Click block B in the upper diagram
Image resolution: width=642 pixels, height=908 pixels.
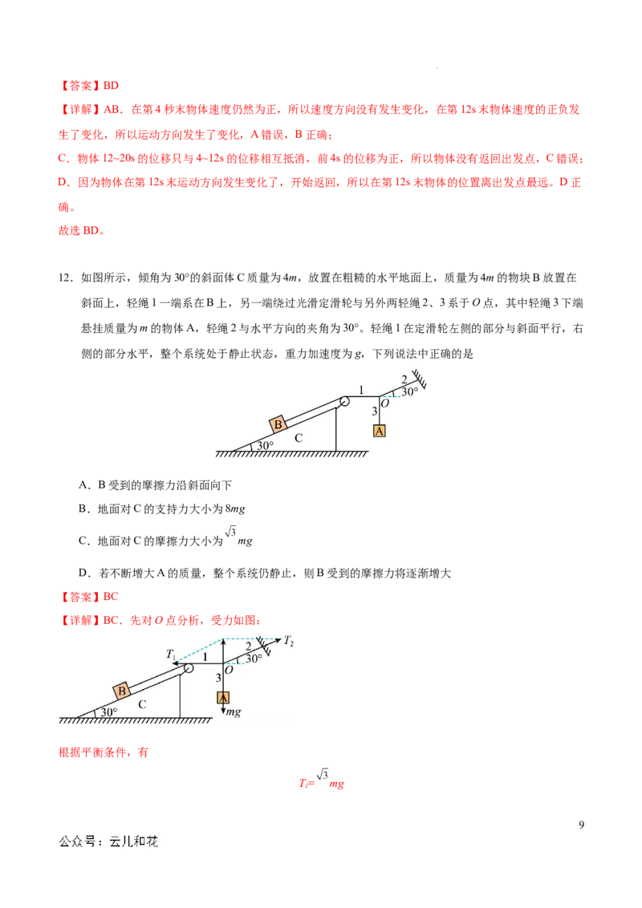pyautogui.click(x=278, y=424)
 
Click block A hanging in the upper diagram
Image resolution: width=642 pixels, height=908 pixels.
pyautogui.click(x=380, y=431)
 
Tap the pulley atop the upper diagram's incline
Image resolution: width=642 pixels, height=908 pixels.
pyautogui.click(x=344, y=402)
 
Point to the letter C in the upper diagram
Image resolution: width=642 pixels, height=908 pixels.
pyautogui.click(x=299, y=438)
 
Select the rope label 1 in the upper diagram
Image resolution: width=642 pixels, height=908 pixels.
pyautogui.click(x=361, y=391)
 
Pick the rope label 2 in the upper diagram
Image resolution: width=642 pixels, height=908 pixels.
pyautogui.click(x=404, y=379)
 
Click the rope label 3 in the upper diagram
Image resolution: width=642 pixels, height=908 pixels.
pyautogui.click(x=374, y=411)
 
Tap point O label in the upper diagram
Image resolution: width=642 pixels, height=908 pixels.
pyautogui.click(x=385, y=403)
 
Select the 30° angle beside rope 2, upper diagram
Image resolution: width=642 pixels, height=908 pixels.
pyautogui.click(x=410, y=391)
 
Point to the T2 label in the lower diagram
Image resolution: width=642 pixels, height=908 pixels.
pyautogui.click(x=288, y=641)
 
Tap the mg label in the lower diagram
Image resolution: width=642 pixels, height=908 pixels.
pyautogui.click(x=234, y=711)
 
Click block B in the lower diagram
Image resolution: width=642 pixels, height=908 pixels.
pyautogui.click(x=122, y=691)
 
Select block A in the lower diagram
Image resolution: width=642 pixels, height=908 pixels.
pyautogui.click(x=223, y=697)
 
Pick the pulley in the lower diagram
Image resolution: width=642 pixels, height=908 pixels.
pyautogui.click(x=189, y=668)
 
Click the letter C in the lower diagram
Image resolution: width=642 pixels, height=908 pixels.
pyautogui.click(x=142, y=704)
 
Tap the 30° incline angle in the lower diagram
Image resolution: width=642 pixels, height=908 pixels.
pyautogui.click(x=108, y=711)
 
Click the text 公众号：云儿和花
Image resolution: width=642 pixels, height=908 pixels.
pyautogui.click(x=108, y=841)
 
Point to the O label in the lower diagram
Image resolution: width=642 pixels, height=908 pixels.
pyautogui.click(x=229, y=670)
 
